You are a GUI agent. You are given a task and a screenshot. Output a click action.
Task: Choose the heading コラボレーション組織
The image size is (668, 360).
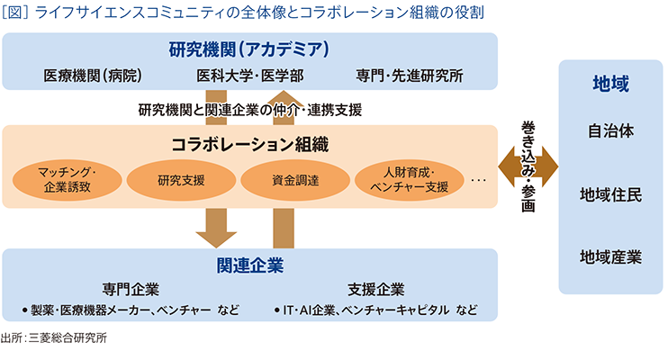click(x=249, y=144)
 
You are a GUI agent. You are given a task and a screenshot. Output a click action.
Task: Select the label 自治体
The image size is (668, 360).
click(x=610, y=131)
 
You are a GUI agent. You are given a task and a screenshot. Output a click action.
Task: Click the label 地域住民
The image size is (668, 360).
click(x=610, y=194)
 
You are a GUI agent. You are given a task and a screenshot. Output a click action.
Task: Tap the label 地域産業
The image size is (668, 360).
click(x=610, y=257)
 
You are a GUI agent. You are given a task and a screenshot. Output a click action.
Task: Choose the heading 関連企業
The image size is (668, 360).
click(x=249, y=265)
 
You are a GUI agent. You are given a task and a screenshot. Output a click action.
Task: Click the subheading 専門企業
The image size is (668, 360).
click(x=131, y=290)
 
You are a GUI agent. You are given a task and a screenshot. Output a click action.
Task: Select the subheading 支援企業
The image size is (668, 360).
click(x=375, y=290)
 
